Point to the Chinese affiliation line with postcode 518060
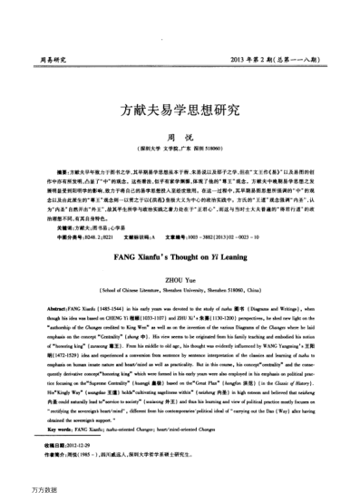[180, 148]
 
